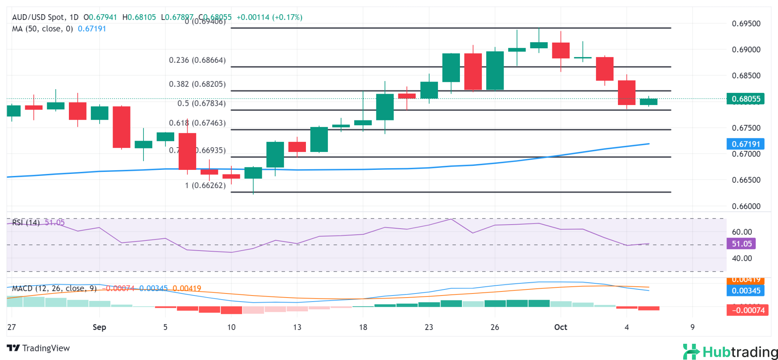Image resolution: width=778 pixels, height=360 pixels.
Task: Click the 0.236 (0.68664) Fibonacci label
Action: [x=197, y=60]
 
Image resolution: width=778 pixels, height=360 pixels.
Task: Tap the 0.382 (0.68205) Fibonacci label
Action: [x=197, y=84]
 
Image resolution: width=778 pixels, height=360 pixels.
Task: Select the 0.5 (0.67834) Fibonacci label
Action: [x=201, y=103]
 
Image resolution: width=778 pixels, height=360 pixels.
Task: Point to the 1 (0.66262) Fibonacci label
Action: [x=205, y=186]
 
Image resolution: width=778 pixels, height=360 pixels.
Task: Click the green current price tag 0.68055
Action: [x=746, y=99]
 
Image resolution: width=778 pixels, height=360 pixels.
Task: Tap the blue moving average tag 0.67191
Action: [x=746, y=144]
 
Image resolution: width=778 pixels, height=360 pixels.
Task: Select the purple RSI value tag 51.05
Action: [x=742, y=244]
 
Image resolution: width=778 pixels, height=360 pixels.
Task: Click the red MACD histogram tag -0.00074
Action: [x=748, y=310]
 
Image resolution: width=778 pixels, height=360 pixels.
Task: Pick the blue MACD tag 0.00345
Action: [x=746, y=291]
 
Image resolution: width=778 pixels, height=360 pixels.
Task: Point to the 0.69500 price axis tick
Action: [x=746, y=24]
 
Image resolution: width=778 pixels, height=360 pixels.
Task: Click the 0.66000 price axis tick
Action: [x=746, y=206]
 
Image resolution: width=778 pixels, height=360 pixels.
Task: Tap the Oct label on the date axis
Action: [x=560, y=327]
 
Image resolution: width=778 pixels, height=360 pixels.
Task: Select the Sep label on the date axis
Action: [x=99, y=327]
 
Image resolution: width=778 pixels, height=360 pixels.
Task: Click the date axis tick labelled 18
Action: [x=363, y=327]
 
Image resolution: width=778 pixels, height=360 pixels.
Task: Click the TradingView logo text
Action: [x=38, y=348]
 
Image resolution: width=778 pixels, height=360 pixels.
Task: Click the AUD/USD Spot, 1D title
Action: [x=45, y=17]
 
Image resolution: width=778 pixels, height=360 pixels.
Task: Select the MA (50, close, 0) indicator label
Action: [x=43, y=29]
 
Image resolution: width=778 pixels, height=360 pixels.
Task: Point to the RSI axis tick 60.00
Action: [x=742, y=232]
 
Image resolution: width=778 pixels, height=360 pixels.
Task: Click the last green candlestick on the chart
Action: [x=648, y=102]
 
